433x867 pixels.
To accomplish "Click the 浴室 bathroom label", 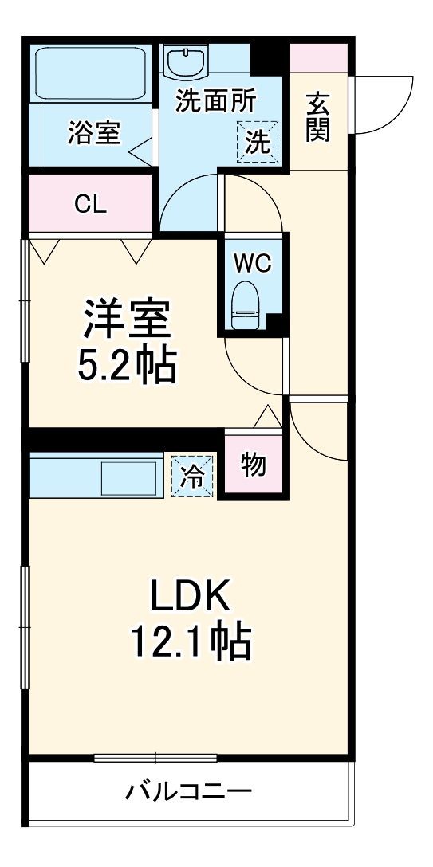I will tap(94, 133).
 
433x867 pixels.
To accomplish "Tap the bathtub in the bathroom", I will tap(89, 73).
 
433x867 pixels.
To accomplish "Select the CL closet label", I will tap(90, 204).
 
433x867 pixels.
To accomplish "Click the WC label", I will tap(253, 263).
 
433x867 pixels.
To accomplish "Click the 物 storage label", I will tap(254, 466).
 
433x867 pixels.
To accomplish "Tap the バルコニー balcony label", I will tap(189, 792).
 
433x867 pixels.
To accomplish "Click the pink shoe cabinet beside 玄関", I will tap(318, 57).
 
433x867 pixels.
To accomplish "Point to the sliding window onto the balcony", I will tap(156, 757).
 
